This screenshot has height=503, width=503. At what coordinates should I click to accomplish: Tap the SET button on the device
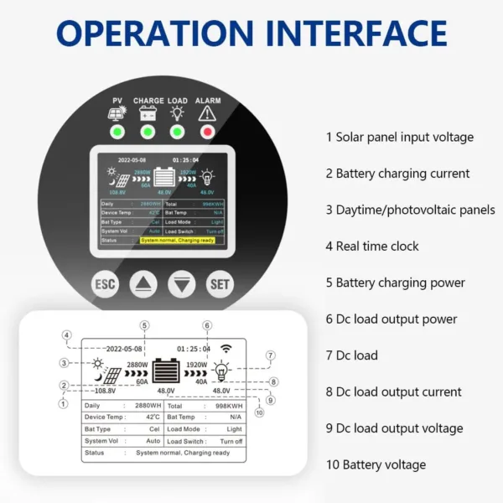pos(220,285)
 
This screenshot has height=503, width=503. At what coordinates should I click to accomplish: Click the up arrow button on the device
pos(143,285)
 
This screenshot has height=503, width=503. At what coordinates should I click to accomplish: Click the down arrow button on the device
pos(181,285)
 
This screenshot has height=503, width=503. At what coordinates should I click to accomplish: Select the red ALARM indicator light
pos(207,132)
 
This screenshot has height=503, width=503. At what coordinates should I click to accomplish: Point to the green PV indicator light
pos(117,132)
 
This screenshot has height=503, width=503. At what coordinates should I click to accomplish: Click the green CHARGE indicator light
pos(148,132)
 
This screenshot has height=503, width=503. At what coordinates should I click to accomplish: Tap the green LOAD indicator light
pos(177,132)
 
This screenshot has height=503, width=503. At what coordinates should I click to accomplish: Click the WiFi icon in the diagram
pos(226,348)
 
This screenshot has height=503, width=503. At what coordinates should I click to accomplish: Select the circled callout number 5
pos(144,325)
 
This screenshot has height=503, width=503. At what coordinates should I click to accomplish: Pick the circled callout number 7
pos(270,355)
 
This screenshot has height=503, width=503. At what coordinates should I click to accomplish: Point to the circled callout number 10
pos(259,412)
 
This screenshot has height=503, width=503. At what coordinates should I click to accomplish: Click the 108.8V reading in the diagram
pos(105,391)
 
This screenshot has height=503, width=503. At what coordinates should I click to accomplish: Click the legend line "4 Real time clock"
pos(372,246)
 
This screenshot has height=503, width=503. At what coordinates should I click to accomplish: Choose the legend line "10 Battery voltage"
pos(376,464)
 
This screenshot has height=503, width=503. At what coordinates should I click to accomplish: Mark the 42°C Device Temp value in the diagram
pos(153,417)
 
